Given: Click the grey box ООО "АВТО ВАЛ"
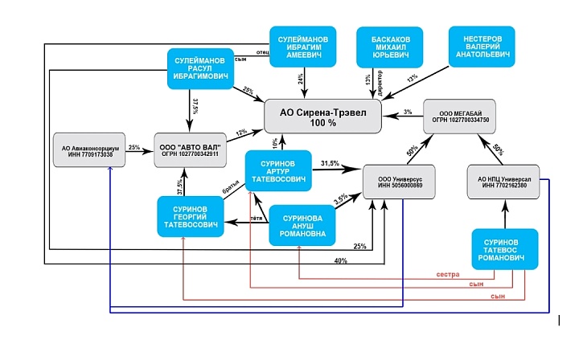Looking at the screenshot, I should (x=191, y=149).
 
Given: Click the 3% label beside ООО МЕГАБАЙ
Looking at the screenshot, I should (x=408, y=112).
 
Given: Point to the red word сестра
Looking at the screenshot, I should (x=448, y=275).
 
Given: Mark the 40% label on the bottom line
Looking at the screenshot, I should (x=342, y=260).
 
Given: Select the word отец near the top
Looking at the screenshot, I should (x=262, y=51).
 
